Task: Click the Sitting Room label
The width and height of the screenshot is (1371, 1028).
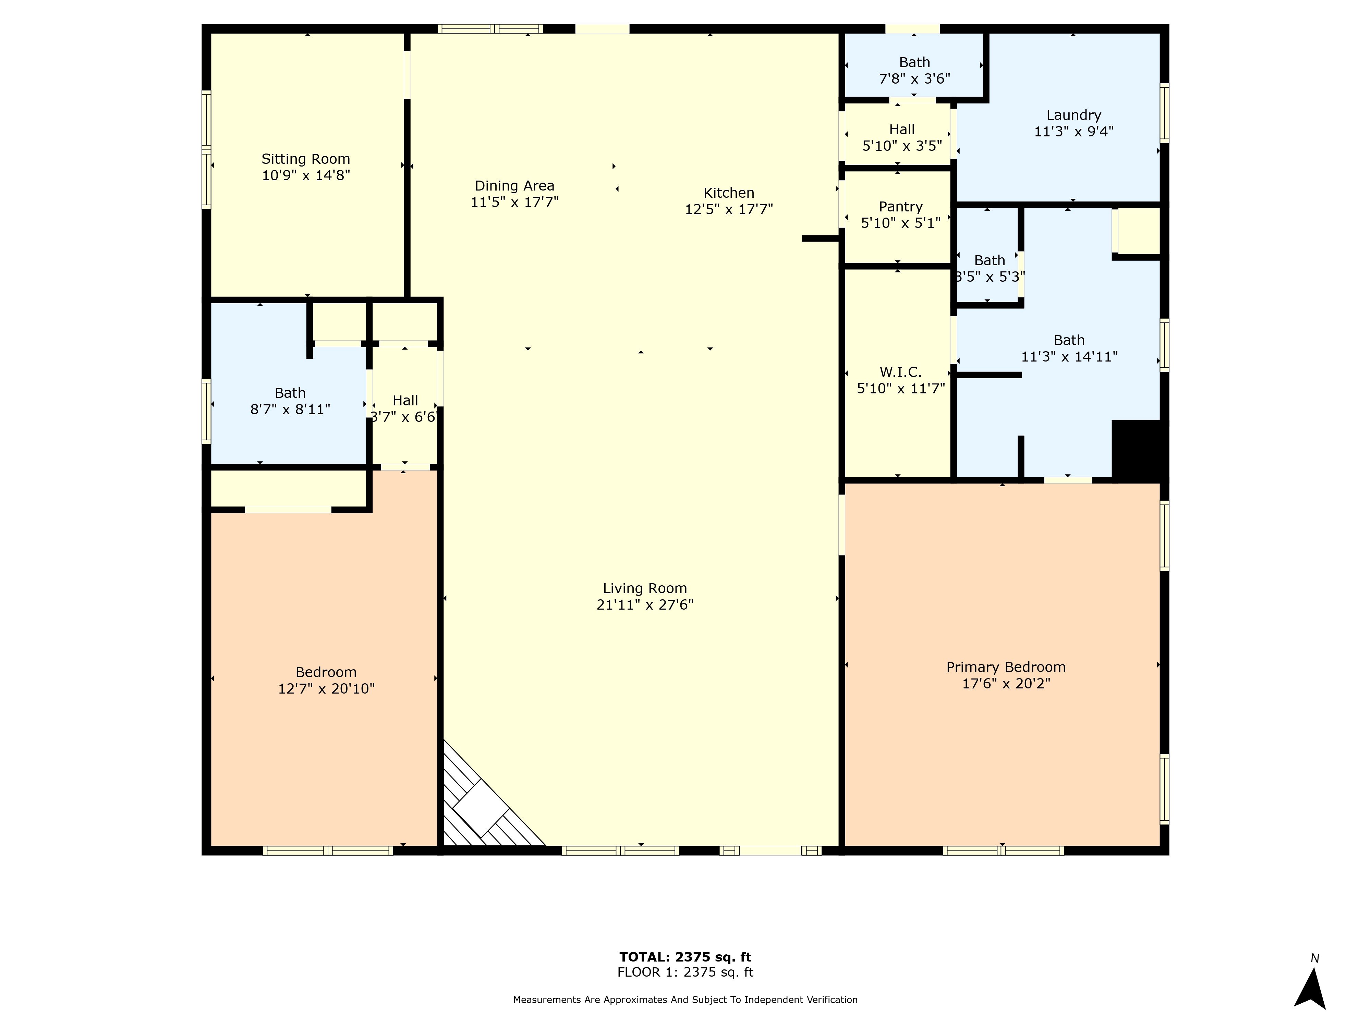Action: [x=306, y=159]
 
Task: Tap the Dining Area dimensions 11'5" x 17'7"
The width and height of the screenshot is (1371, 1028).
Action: [x=514, y=202]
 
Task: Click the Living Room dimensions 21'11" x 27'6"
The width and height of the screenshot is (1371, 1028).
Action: [x=645, y=605]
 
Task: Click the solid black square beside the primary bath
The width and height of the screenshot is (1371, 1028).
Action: [x=1139, y=450]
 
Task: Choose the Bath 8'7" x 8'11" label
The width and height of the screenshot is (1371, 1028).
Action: [x=290, y=401]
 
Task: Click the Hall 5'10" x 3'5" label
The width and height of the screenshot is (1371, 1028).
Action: [x=902, y=137]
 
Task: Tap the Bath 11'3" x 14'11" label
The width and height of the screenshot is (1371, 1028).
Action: [x=1069, y=348]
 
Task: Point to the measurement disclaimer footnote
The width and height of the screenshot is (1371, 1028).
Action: [x=685, y=1000]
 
